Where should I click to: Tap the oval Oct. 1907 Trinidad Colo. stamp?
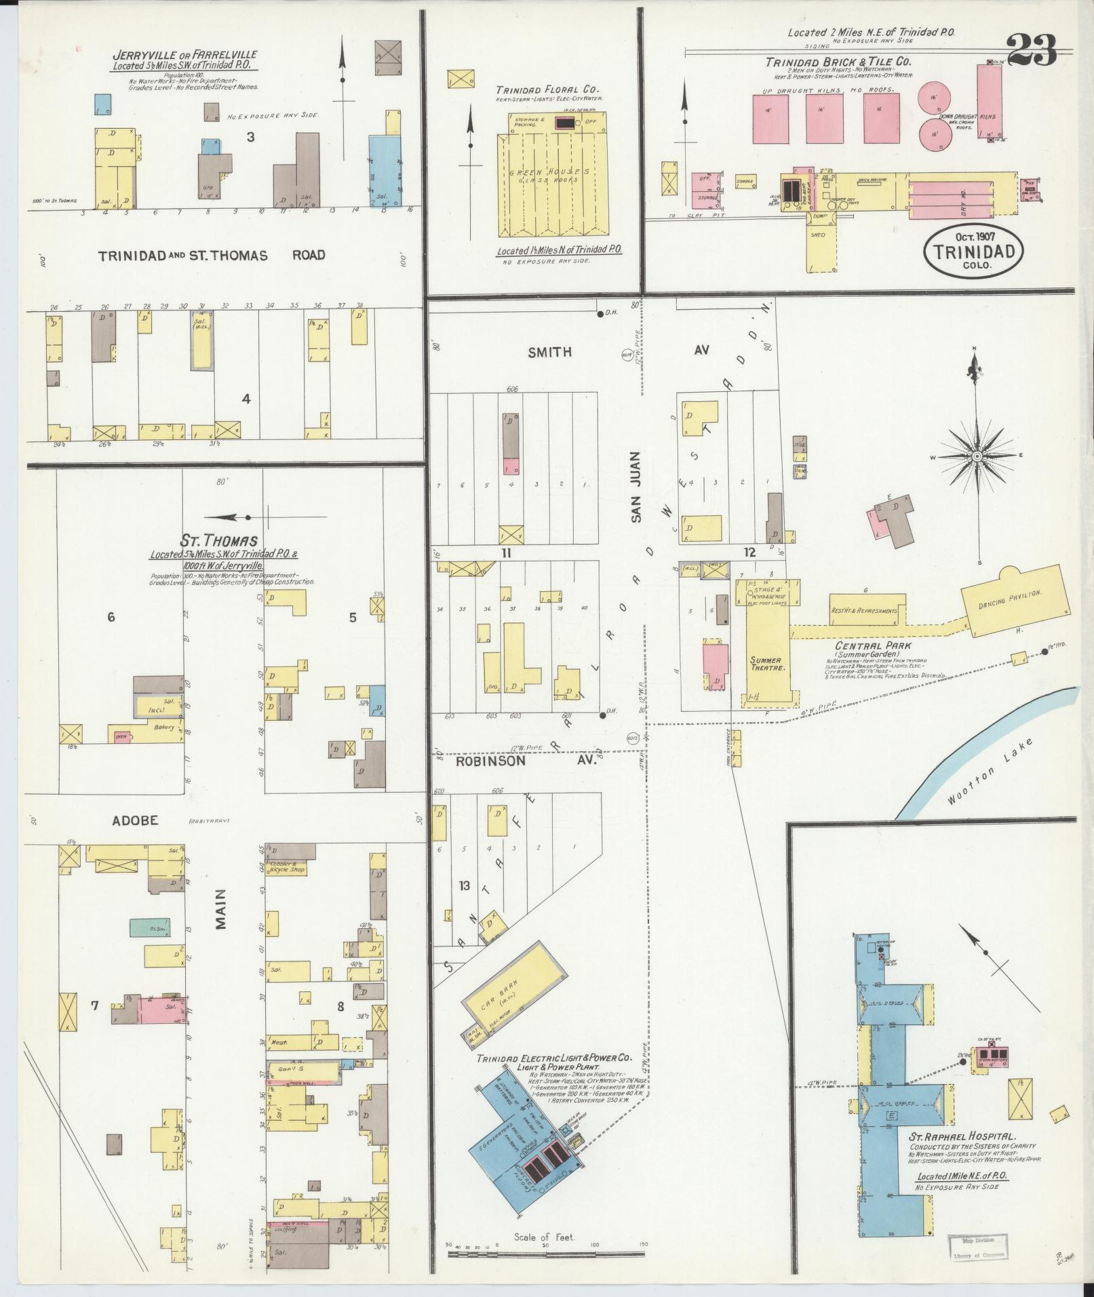973,250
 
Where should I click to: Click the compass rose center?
977,457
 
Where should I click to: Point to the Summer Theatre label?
765,664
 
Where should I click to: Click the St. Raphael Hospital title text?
962,1137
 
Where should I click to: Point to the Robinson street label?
490,761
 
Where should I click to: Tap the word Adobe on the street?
136,820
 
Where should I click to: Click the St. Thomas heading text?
218,541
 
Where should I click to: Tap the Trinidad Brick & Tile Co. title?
838,62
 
